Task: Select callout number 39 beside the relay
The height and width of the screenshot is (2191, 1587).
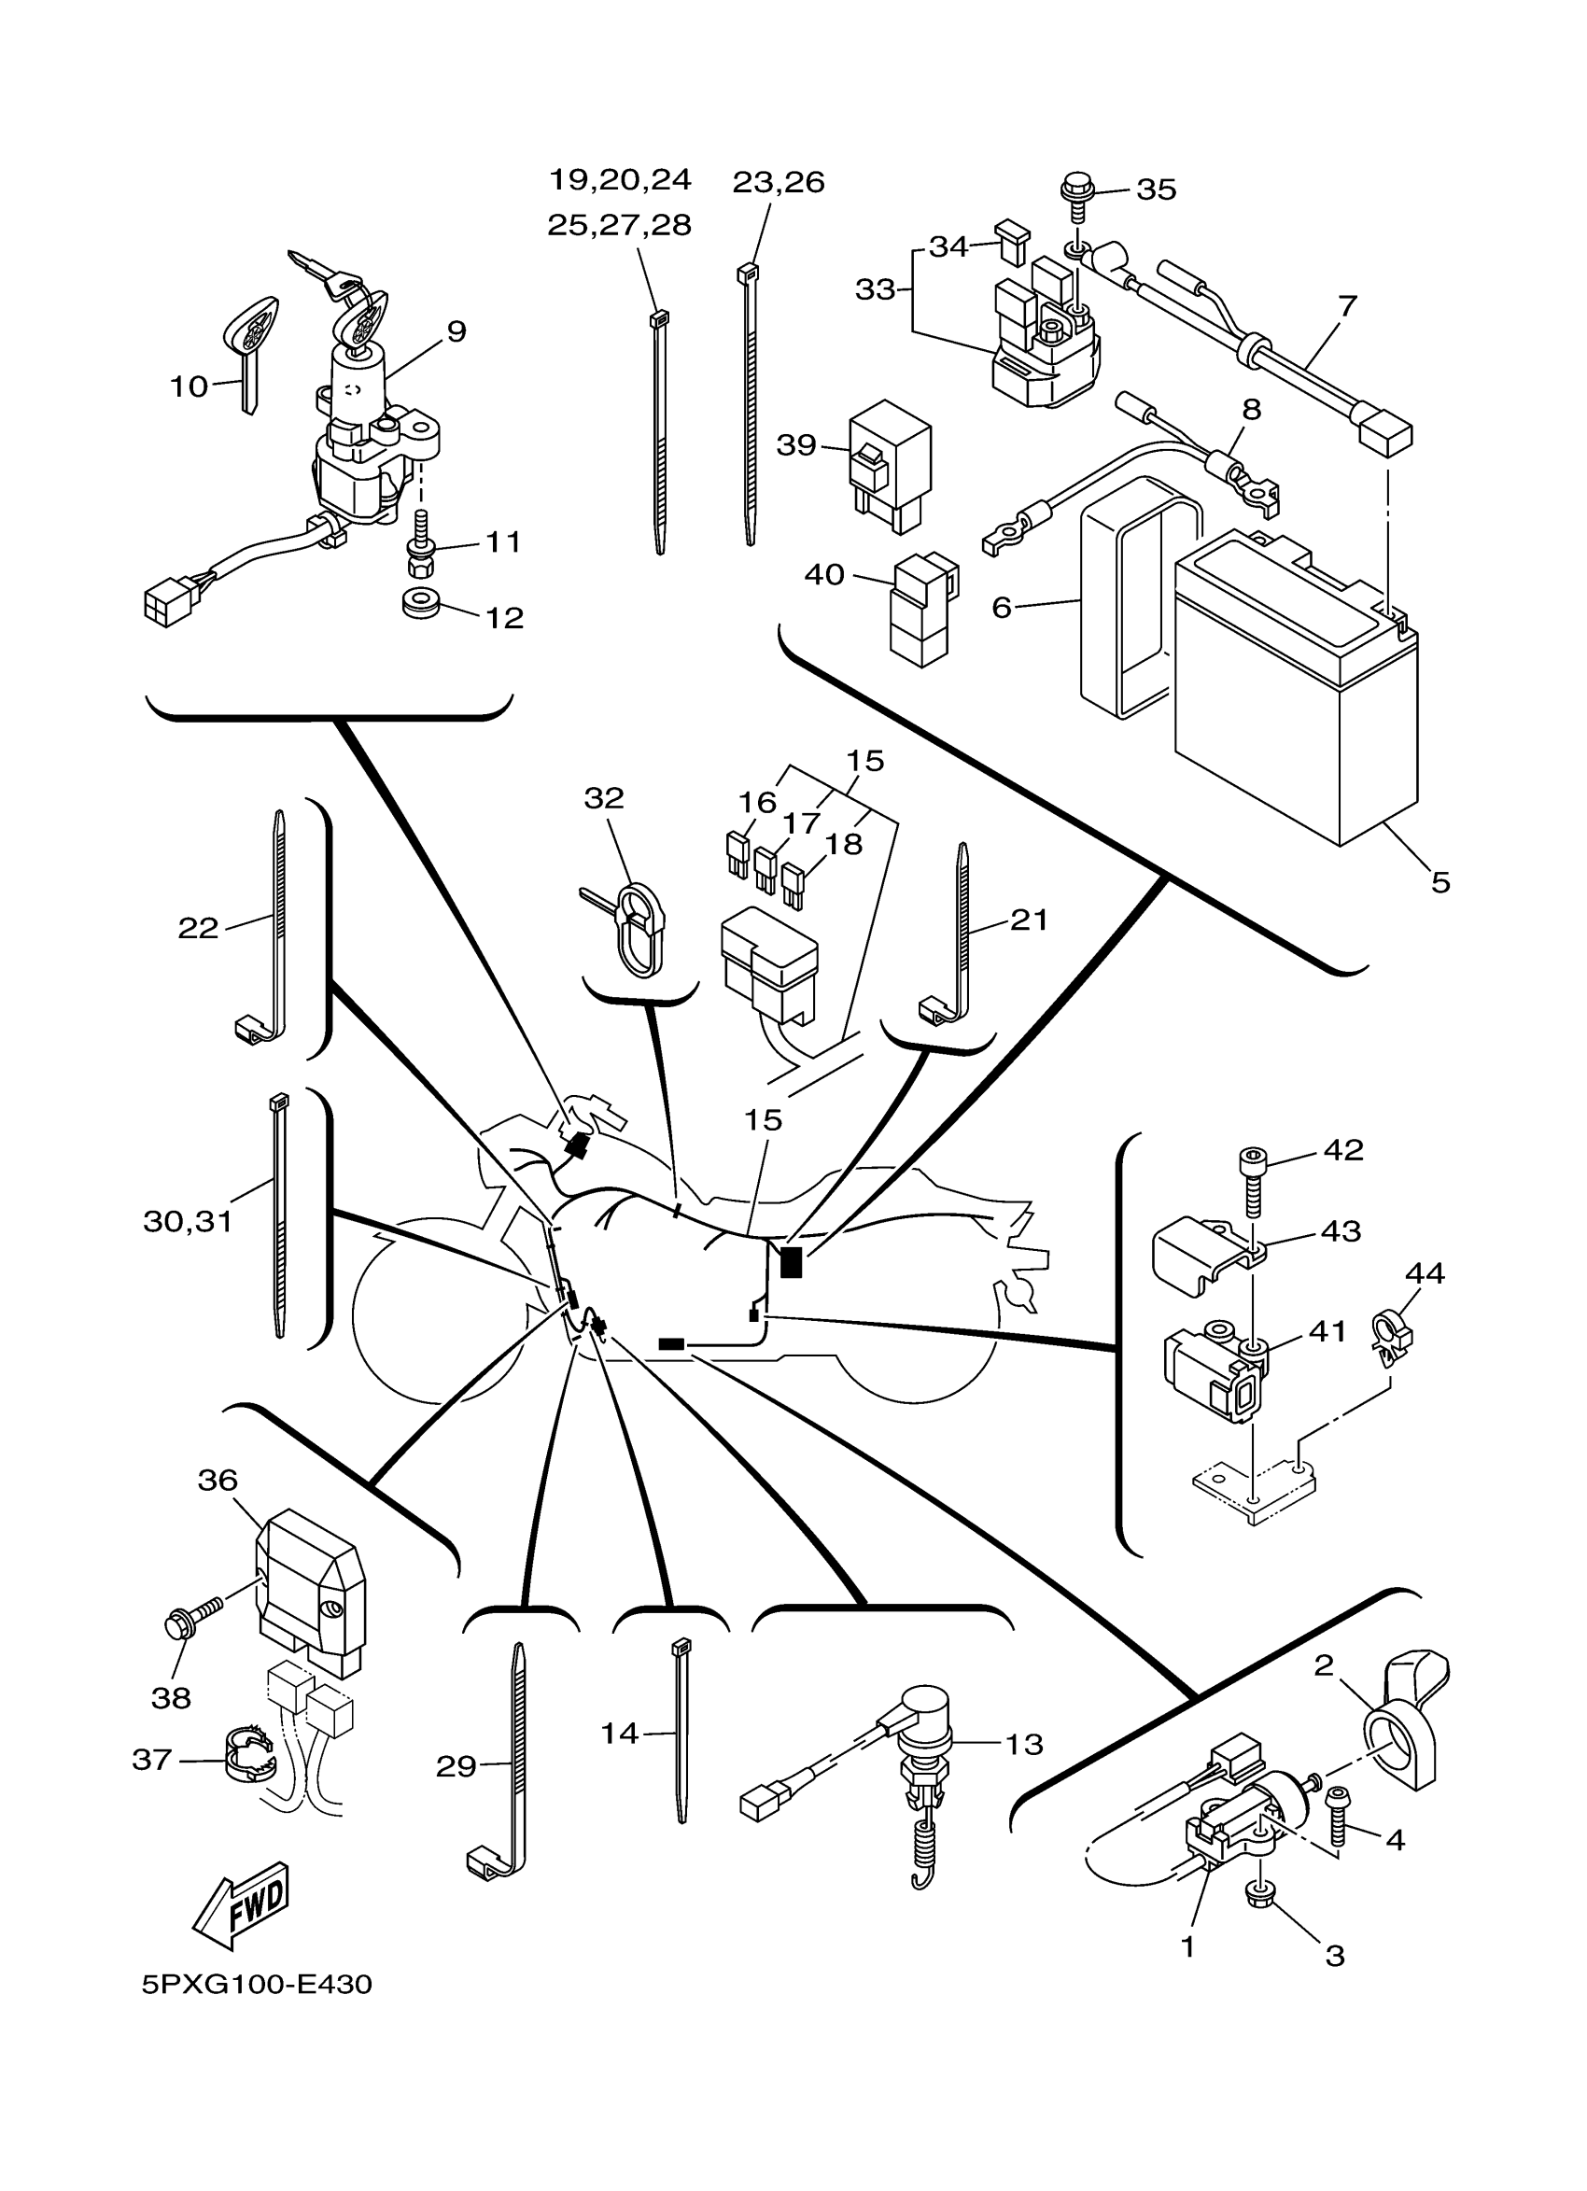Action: (x=796, y=445)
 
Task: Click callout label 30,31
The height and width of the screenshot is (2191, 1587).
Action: (x=189, y=1221)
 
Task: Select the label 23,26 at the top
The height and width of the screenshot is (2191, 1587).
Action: (x=778, y=182)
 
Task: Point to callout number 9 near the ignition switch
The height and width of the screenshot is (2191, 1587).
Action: (x=456, y=331)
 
